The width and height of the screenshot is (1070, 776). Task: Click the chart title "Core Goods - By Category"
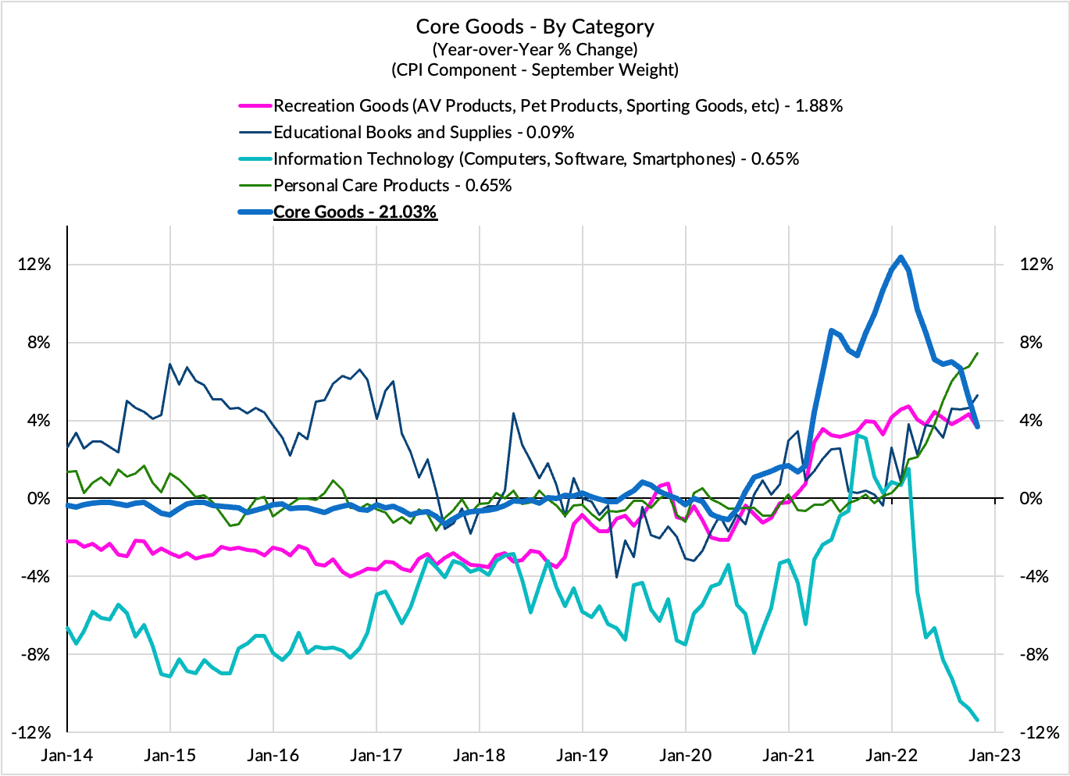coord(535,27)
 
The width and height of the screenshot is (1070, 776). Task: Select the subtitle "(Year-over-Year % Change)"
coord(535,49)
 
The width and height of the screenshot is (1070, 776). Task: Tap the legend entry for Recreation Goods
coord(558,105)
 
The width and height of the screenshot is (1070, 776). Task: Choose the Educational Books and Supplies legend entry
coord(423,132)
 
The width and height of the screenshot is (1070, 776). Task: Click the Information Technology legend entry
coord(536,158)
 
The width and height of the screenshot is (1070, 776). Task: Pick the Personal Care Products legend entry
coord(392,185)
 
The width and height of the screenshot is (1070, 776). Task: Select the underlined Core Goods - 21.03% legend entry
coord(355,212)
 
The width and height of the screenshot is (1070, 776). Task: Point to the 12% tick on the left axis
coord(34,265)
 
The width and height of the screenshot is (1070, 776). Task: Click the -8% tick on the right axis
coord(1036,655)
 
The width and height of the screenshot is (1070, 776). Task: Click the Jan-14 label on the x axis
coord(67,755)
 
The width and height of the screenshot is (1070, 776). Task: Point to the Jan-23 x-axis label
coord(994,755)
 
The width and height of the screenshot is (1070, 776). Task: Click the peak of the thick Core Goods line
coord(901,257)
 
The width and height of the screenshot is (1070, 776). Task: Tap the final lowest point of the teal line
coord(978,720)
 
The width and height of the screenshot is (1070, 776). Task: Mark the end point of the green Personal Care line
coord(978,353)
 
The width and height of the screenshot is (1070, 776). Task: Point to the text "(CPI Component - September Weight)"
coord(535,69)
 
